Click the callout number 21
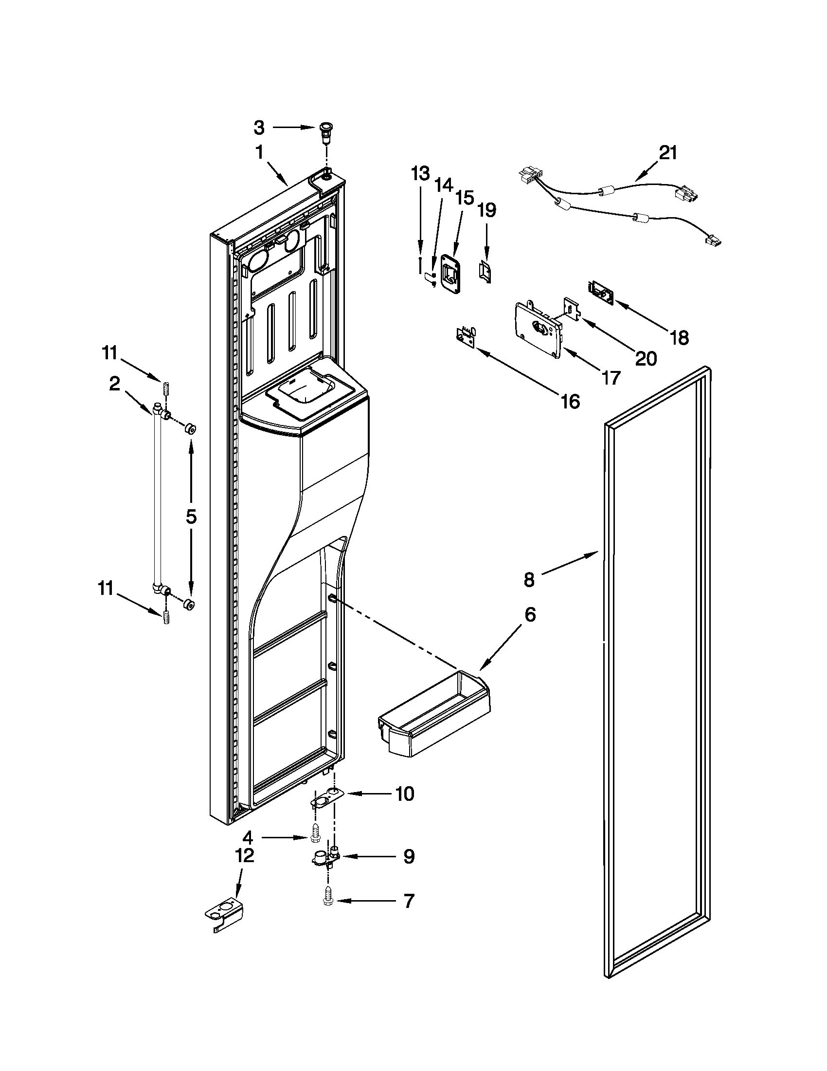[x=667, y=153]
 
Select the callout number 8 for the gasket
[x=529, y=580]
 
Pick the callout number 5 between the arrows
[x=191, y=517]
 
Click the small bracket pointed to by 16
[x=466, y=337]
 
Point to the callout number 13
[x=420, y=173]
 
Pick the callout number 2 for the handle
[x=114, y=384]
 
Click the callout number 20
[x=646, y=358]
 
